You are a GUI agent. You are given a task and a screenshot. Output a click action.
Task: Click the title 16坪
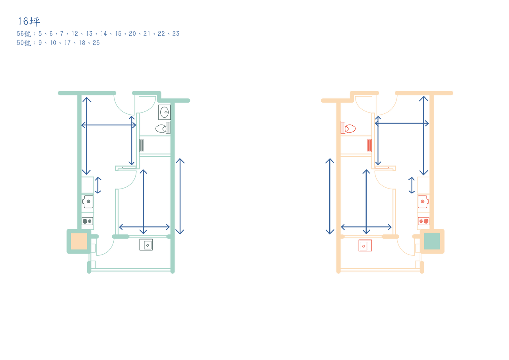point(29,21)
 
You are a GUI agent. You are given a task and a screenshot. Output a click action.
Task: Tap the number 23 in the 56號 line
point(176,34)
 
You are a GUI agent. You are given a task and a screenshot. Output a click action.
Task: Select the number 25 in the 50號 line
point(96,43)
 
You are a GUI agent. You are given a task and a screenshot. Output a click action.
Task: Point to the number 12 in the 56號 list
point(75,34)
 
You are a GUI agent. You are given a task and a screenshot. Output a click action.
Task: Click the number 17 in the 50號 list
point(68,43)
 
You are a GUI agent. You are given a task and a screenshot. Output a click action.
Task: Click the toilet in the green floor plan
point(163,128)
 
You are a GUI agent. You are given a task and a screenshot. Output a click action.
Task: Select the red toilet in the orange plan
point(348,128)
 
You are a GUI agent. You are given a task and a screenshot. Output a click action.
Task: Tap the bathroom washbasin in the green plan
point(165,112)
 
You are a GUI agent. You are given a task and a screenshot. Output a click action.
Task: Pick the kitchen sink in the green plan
point(88,202)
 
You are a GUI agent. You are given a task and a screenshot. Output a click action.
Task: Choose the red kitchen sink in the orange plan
point(424,202)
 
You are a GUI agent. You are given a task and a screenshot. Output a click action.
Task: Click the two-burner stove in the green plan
point(87,221)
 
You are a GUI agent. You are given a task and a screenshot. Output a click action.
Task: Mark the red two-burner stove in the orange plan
point(424,221)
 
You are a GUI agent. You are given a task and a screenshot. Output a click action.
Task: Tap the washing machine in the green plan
point(146,245)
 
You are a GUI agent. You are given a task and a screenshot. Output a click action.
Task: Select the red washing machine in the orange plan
point(365,245)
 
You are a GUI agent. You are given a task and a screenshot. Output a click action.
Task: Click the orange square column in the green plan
point(79,241)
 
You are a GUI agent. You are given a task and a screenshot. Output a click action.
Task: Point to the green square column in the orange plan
point(432,241)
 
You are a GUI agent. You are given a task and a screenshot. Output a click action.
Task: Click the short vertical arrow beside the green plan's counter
point(98,185)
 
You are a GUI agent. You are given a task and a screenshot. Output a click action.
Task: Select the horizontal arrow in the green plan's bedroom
point(144,227)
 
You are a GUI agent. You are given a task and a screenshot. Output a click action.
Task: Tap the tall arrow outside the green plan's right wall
point(180,197)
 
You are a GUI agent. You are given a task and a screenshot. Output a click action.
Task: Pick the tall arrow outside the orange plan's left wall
point(330,197)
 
